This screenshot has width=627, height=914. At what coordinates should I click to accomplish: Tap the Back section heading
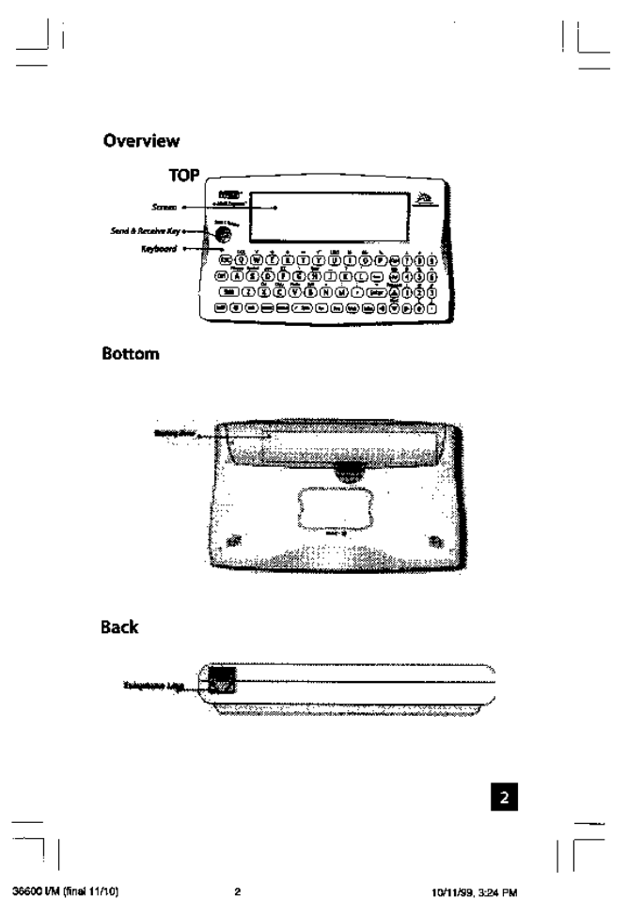(121, 625)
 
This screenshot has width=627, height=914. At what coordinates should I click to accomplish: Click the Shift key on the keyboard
(226, 291)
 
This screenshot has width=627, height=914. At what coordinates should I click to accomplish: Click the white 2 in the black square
(503, 797)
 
